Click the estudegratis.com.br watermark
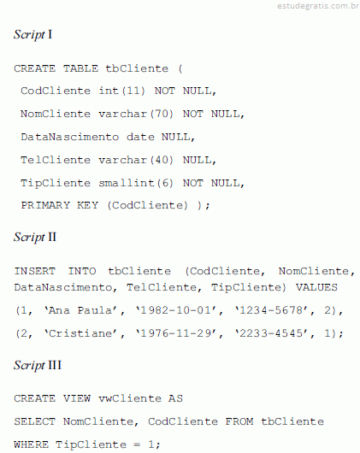(318, 6)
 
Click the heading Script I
(33, 35)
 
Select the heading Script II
(35, 238)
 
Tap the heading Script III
(38, 366)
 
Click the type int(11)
(121, 91)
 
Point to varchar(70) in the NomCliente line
(136, 114)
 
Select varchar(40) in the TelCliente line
(136, 160)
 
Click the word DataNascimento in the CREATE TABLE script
(69, 137)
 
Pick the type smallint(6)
(136, 183)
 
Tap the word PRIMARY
(45, 205)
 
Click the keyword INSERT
(35, 271)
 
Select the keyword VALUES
(316, 287)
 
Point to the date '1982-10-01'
(176, 310)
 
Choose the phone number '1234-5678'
(271, 310)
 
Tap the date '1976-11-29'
(176, 333)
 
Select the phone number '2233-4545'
(271, 333)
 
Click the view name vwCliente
(130, 398)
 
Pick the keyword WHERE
(31, 444)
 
